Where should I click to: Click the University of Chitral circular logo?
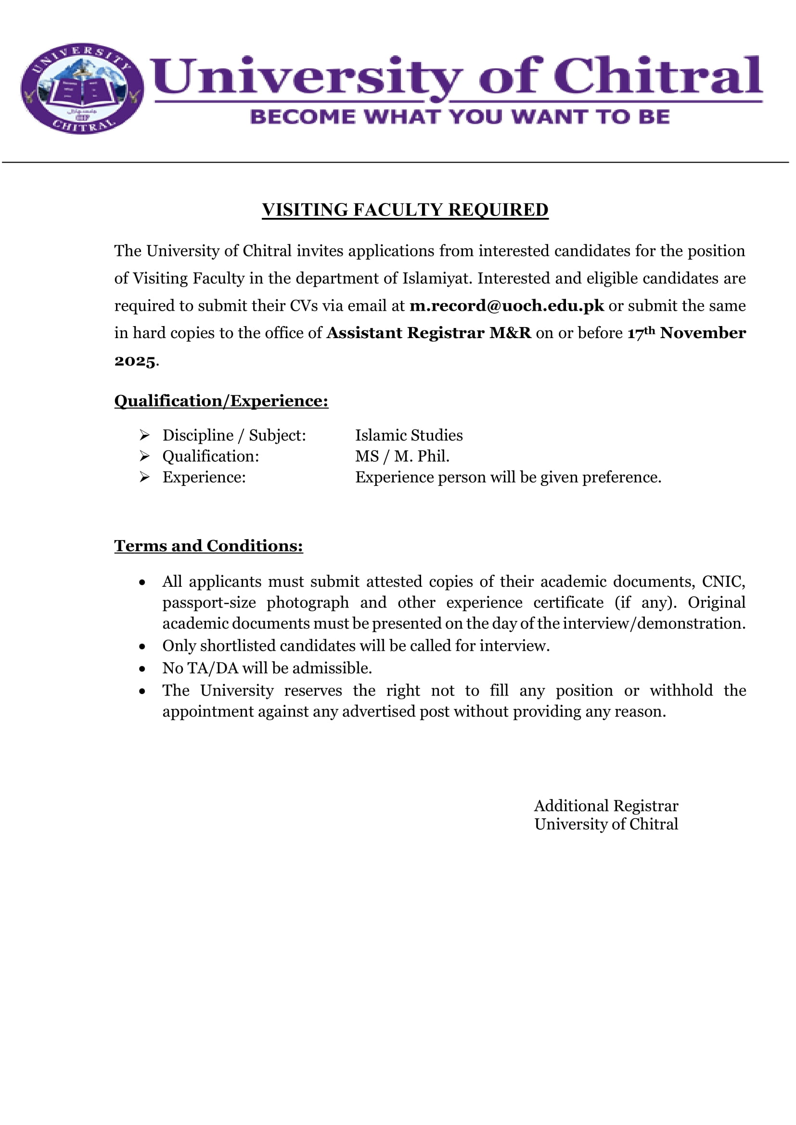coord(82,88)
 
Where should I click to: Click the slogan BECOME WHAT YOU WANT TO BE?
coord(460,117)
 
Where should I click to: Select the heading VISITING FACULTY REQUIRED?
coord(405,210)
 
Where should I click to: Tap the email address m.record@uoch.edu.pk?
coord(507,306)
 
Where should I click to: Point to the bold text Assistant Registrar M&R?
coord(429,333)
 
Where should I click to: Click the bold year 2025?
coord(135,361)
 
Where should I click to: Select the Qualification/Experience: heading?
coord(221,401)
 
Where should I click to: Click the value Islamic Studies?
coord(409,435)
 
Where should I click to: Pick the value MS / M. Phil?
coord(402,456)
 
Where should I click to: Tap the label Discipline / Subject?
coord(234,435)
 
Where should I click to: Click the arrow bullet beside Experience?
coord(144,477)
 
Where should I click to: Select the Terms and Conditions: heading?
coord(208,546)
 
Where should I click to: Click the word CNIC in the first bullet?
coord(723,581)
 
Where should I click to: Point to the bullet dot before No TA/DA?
coord(142,669)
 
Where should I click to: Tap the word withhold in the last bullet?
coord(681,690)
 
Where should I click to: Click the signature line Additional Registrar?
coord(606,806)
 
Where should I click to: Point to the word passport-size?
coord(209,603)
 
